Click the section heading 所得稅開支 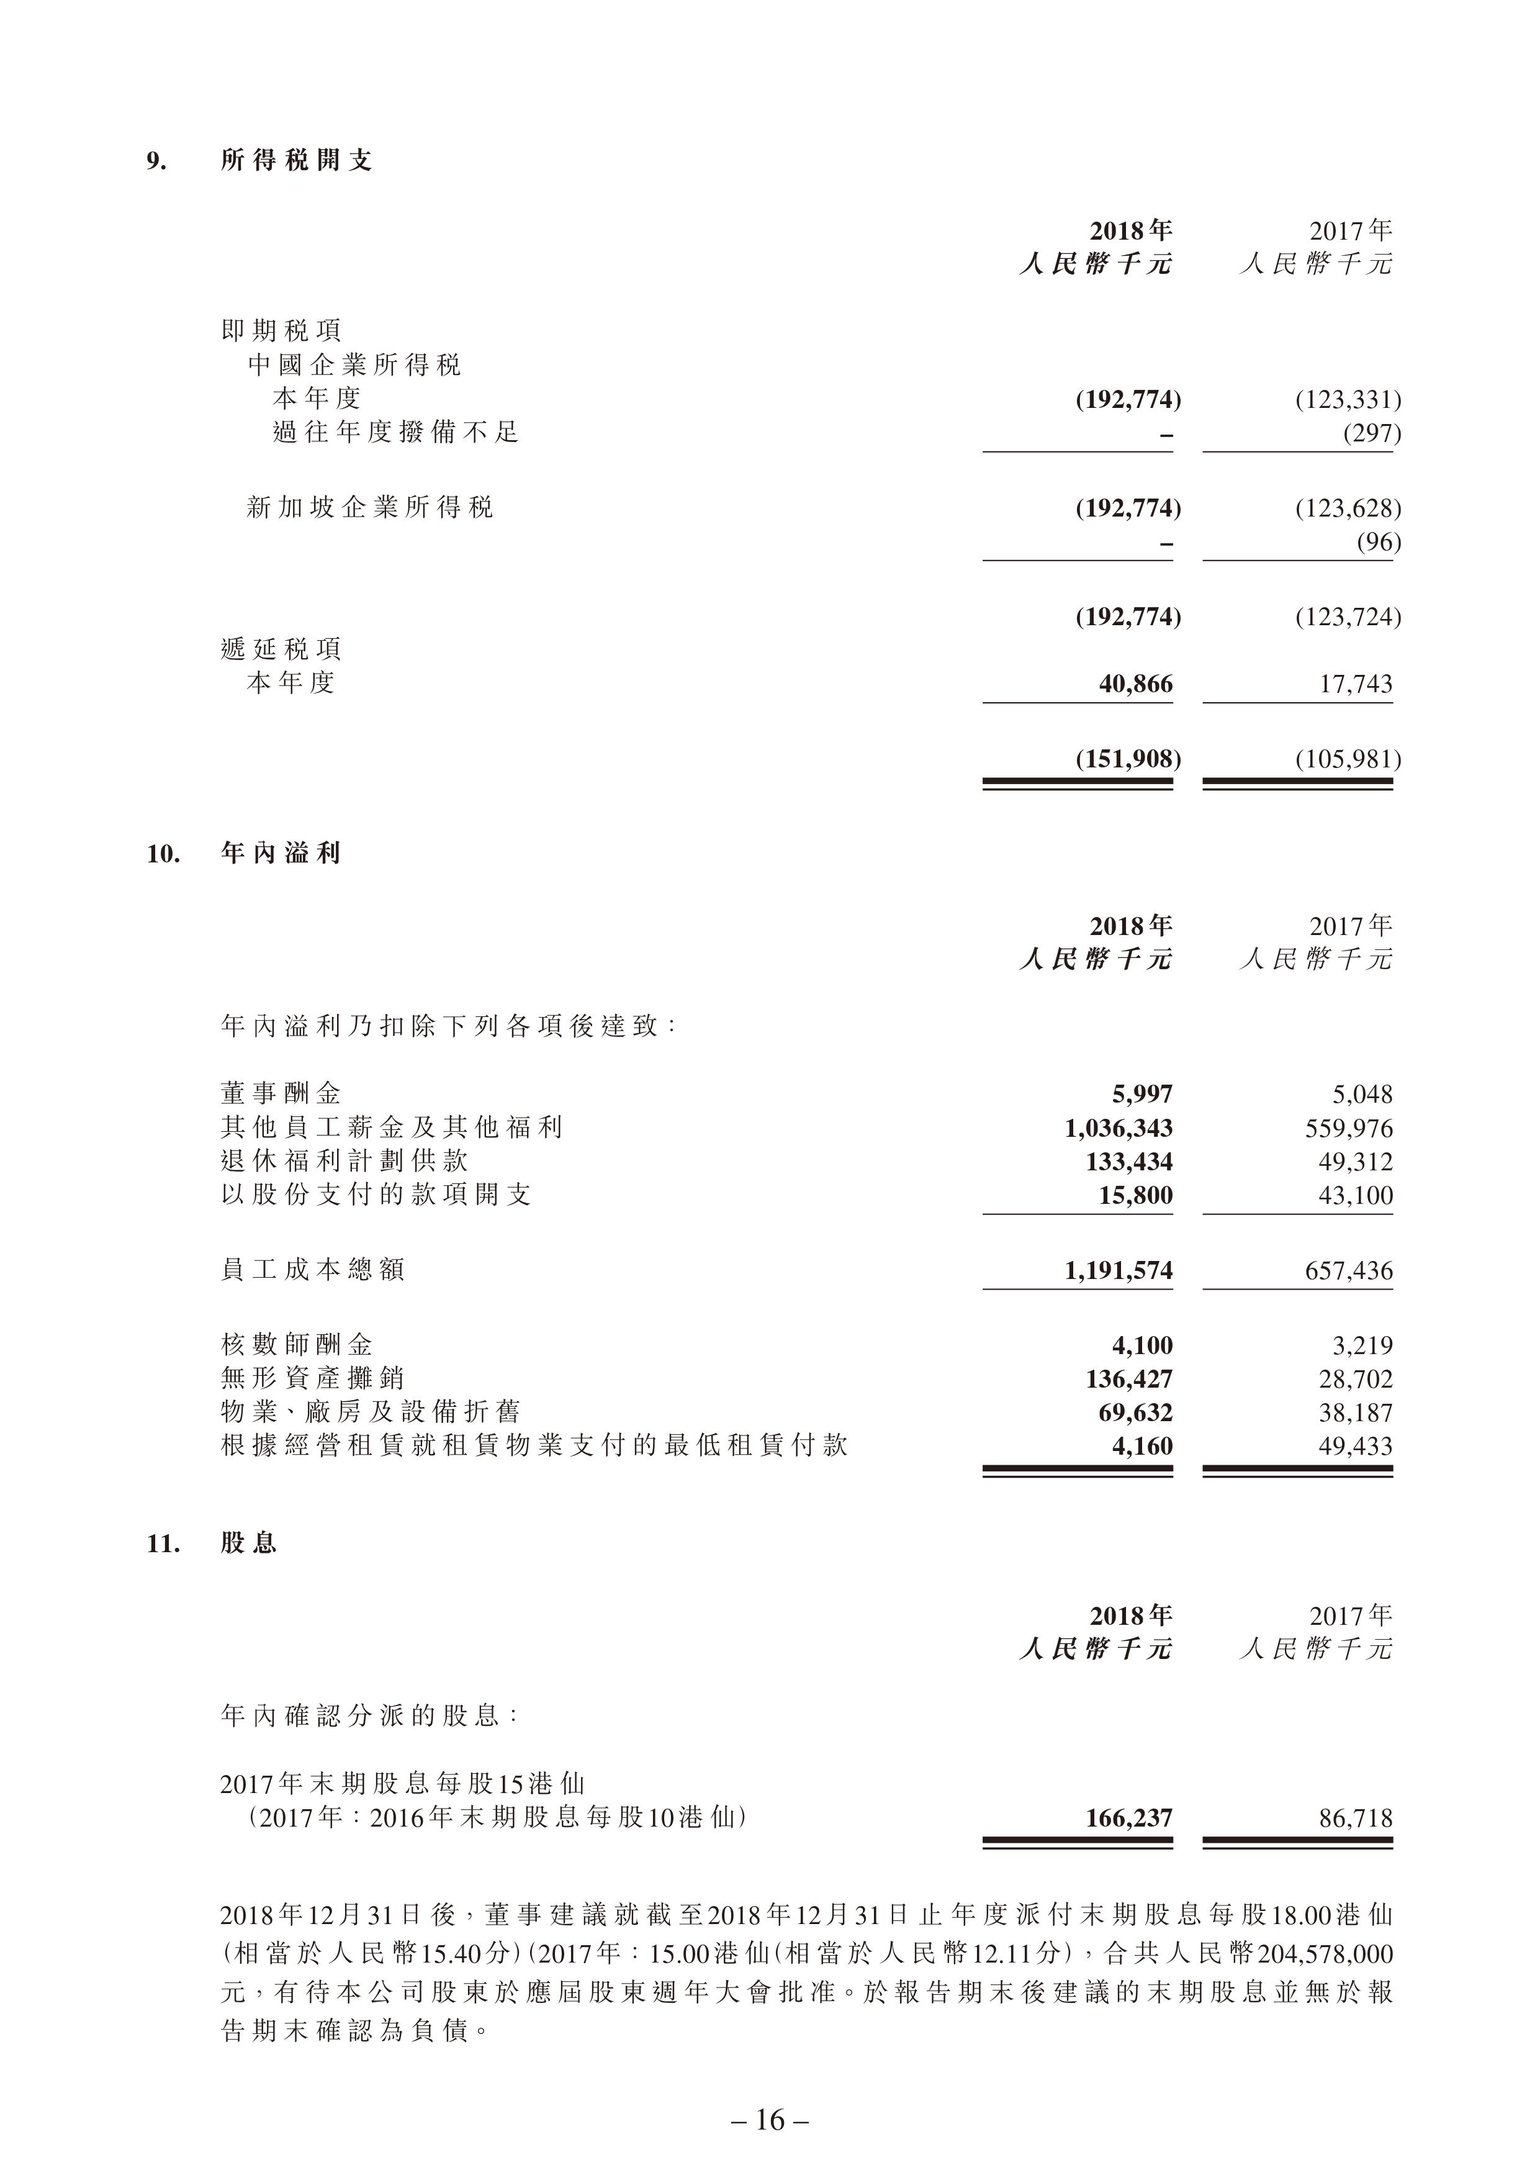pos(296,160)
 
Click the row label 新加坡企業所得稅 pos(370,507)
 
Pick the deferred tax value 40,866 pos(1135,684)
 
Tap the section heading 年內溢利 pos(280,853)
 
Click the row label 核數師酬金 pos(296,1345)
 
